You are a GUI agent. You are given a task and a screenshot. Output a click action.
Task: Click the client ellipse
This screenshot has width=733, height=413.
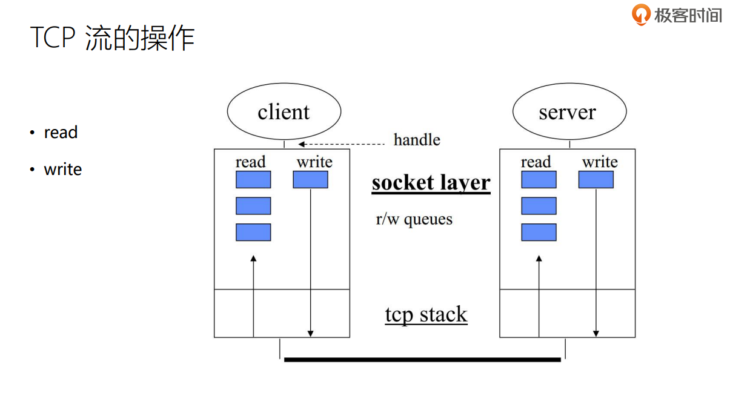point(284,112)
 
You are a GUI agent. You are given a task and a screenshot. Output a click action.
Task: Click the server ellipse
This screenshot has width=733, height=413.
point(569,112)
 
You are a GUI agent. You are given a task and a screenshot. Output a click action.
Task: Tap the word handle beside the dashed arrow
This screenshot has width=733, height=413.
point(417,140)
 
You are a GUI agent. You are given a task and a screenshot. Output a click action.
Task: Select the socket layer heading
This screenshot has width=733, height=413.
point(431,183)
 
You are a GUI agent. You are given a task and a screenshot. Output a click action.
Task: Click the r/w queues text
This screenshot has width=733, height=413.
point(414,219)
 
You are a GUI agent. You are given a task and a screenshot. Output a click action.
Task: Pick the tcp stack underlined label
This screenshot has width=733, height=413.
point(426,315)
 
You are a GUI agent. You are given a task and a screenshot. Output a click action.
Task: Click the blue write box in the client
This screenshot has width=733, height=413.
point(310,180)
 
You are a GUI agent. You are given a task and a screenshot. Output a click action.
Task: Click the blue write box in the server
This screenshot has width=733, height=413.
point(595,180)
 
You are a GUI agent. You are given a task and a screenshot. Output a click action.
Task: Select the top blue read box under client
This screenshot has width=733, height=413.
point(253,180)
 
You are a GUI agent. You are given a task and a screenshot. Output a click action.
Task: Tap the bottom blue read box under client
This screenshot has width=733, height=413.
point(253,233)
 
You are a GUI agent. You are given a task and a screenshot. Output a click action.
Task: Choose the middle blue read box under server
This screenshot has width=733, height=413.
point(539,206)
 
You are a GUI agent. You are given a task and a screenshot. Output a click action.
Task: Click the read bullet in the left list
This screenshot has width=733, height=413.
point(61,133)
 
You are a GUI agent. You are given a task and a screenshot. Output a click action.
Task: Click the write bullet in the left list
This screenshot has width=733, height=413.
point(62,170)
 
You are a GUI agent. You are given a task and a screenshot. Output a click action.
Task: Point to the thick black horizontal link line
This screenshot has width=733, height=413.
point(422,360)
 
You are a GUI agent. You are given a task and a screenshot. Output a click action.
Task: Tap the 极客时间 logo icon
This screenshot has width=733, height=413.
point(640,14)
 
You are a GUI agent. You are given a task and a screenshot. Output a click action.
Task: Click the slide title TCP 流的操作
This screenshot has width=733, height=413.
point(112,38)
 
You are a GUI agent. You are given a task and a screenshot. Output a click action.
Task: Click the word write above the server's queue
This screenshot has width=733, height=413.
point(600,162)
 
